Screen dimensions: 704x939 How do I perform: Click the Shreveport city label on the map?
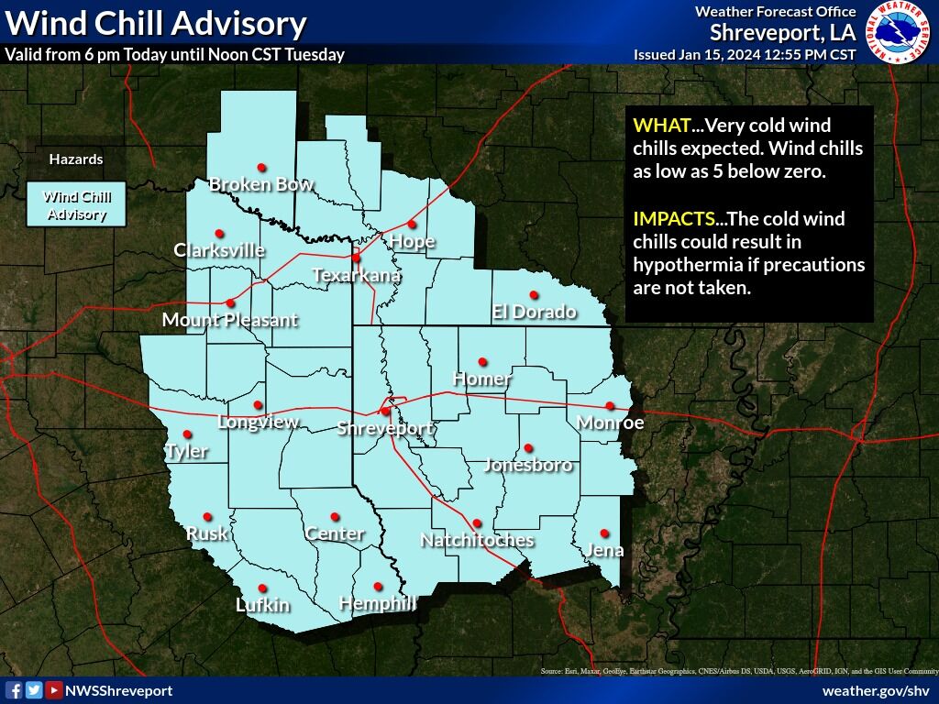(x=384, y=428)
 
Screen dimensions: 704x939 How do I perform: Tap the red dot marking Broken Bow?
(x=261, y=167)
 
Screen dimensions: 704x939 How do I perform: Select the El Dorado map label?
(x=534, y=312)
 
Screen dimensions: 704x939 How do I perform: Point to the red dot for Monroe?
(x=610, y=405)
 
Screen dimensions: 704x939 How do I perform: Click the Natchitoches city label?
(x=477, y=540)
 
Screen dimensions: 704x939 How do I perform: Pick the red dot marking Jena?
(x=604, y=533)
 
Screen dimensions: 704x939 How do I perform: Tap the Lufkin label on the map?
(x=262, y=604)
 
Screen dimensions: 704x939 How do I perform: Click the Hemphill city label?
(x=377, y=602)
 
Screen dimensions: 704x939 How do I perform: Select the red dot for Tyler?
(x=187, y=434)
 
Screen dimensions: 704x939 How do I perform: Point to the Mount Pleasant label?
(x=229, y=320)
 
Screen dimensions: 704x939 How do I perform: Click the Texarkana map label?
(x=356, y=275)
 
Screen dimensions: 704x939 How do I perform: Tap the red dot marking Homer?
(x=482, y=361)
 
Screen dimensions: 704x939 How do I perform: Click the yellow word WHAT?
(x=660, y=126)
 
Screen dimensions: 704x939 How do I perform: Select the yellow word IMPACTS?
(x=673, y=219)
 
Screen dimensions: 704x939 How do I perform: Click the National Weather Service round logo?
(x=900, y=33)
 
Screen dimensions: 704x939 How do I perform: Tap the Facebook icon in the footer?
(x=14, y=690)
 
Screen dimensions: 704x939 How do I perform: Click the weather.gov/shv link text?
(x=876, y=690)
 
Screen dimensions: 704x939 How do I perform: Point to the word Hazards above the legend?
(x=76, y=159)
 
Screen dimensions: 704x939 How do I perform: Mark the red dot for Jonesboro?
(x=528, y=448)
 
